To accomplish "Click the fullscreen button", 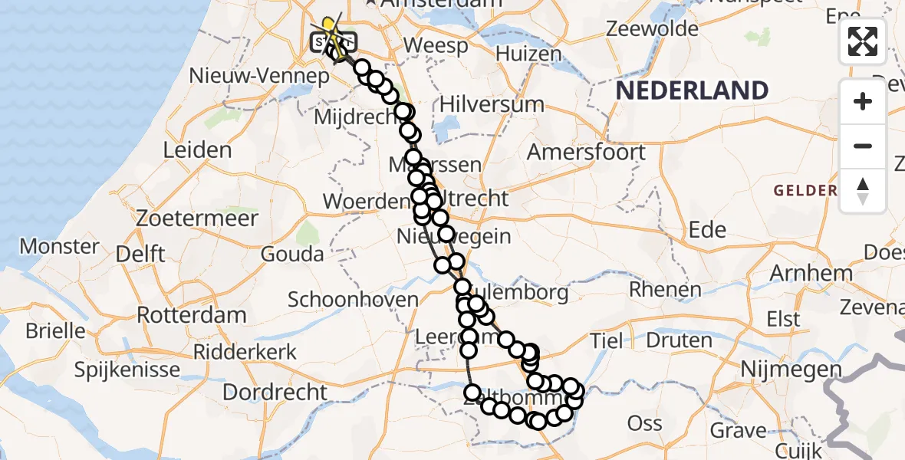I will tap(863, 41).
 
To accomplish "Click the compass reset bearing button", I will tap(863, 190).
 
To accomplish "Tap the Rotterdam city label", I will tap(192, 314).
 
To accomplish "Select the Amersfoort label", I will tap(586, 152).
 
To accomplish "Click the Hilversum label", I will tap(492, 103).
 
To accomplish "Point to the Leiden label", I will tap(198, 149).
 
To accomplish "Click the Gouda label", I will tap(292, 254).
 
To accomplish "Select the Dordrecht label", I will tap(275, 392).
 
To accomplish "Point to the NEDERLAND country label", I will tap(692, 90).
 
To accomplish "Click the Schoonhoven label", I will tap(353, 299).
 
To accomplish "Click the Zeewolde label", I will tap(652, 29).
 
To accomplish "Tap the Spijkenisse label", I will tap(127, 370).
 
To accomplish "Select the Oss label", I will tap(644, 423).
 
